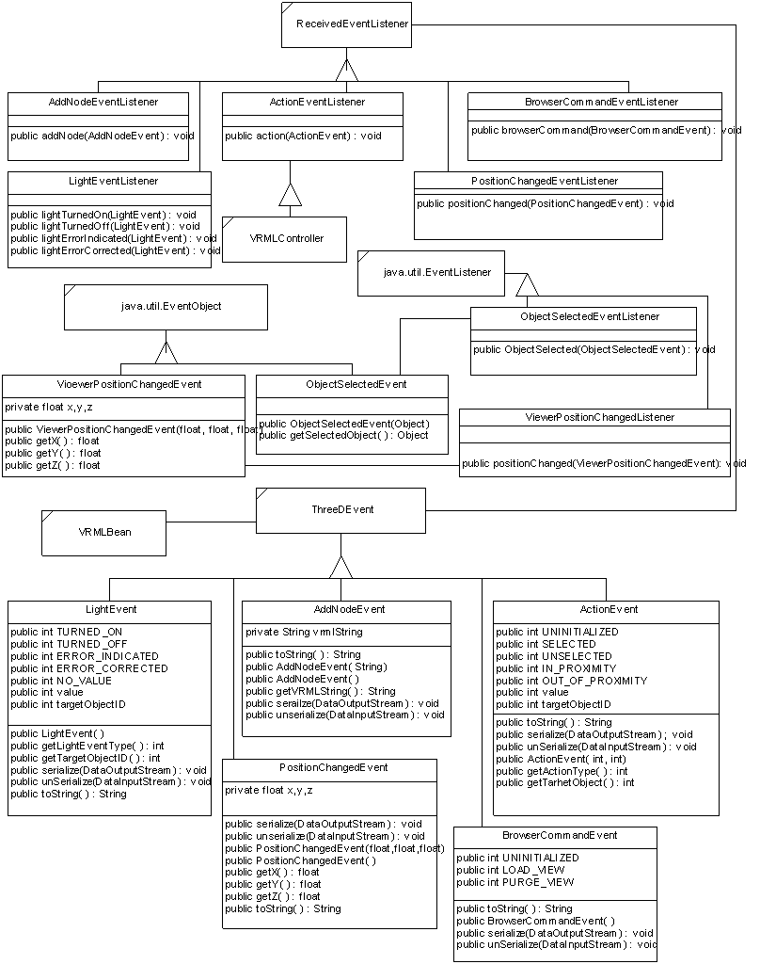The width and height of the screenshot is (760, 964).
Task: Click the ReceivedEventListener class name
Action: pos(345,25)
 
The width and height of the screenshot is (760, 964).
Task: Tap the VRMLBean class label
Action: pos(104,532)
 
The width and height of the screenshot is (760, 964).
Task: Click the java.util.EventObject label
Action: pos(165,306)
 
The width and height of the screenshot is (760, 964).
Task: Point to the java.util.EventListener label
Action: pos(437,272)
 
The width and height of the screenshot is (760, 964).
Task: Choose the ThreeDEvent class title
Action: pos(342,509)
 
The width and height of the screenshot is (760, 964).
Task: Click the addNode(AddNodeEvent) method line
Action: pos(103,136)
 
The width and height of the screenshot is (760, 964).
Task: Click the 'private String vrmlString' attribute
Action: pos(304,632)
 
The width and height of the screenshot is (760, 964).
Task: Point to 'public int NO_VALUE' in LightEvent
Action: pos(61,680)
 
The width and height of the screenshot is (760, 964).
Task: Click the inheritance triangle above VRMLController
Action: pos(290,195)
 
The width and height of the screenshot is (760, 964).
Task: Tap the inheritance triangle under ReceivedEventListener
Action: pos(347,69)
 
